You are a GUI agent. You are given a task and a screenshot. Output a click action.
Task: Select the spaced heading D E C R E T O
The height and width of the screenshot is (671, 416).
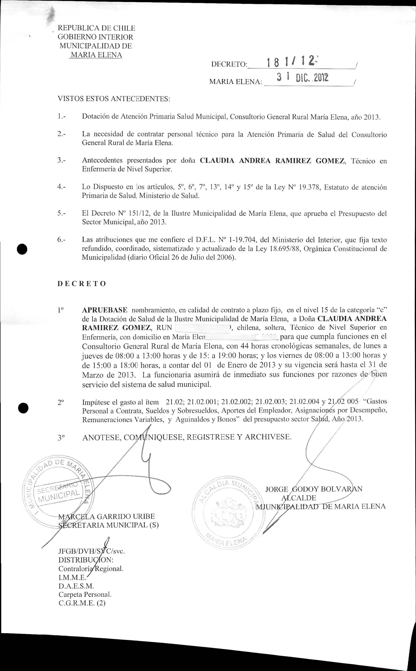(81, 284)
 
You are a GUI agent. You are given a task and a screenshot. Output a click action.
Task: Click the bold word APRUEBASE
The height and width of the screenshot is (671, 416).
(104, 310)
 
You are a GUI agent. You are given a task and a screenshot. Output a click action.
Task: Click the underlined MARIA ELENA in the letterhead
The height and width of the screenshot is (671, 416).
(96, 55)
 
